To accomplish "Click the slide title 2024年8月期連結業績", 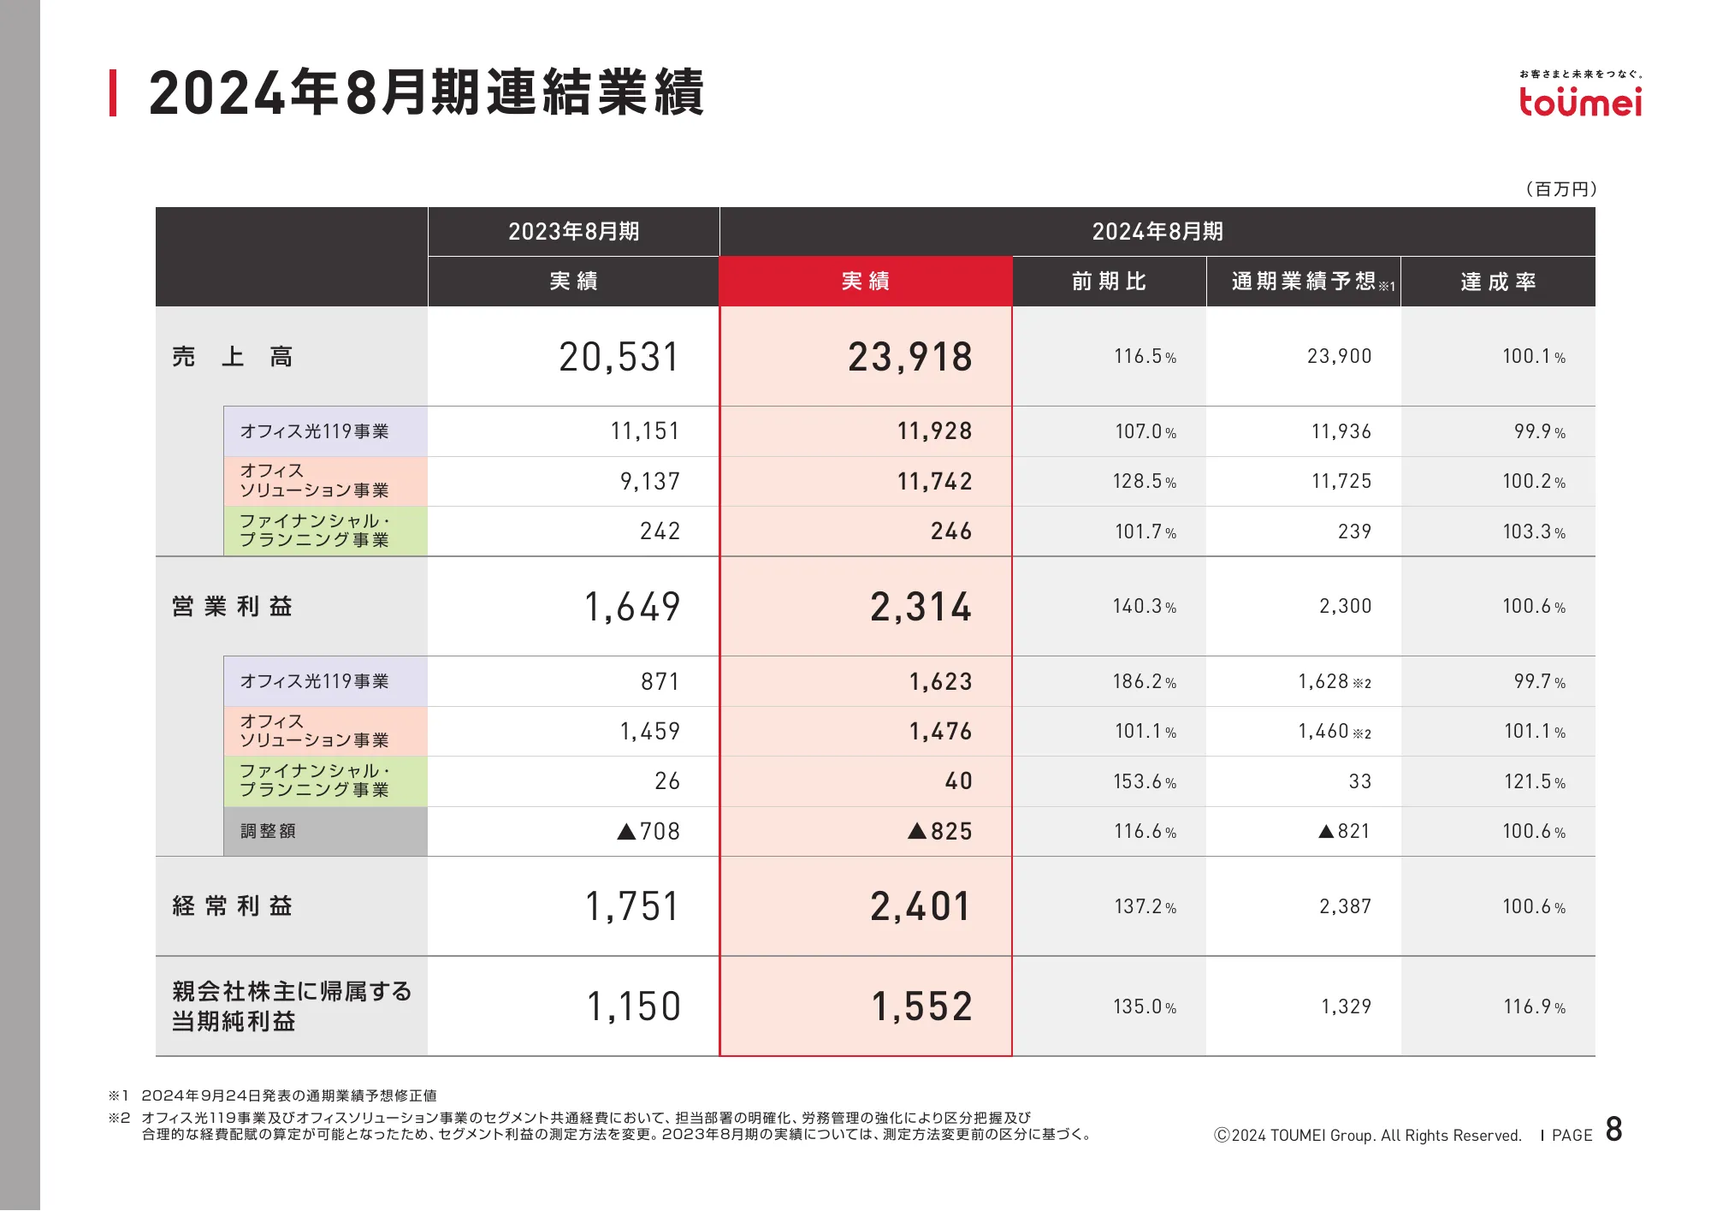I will tap(426, 92).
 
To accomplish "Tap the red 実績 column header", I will tap(865, 282).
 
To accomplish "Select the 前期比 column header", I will tap(1109, 282).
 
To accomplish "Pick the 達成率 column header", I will tap(1498, 282).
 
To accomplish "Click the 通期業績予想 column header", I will tap(1303, 282).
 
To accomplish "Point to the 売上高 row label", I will tap(233, 357).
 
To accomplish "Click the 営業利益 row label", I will tap(233, 607).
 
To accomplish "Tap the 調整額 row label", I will tap(268, 831).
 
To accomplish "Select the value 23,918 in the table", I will tap(910, 357).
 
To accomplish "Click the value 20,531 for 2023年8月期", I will tap(619, 357).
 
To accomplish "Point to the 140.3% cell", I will tap(1144, 607).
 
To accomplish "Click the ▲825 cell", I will tap(940, 831).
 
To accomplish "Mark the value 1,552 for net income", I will tap(922, 1006).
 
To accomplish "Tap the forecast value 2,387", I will tap(1345, 906).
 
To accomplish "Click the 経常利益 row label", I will tap(233, 906).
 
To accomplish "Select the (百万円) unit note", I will tap(1561, 189).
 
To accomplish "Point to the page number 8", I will tap(1613, 1130).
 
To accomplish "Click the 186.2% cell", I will tap(1144, 682).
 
